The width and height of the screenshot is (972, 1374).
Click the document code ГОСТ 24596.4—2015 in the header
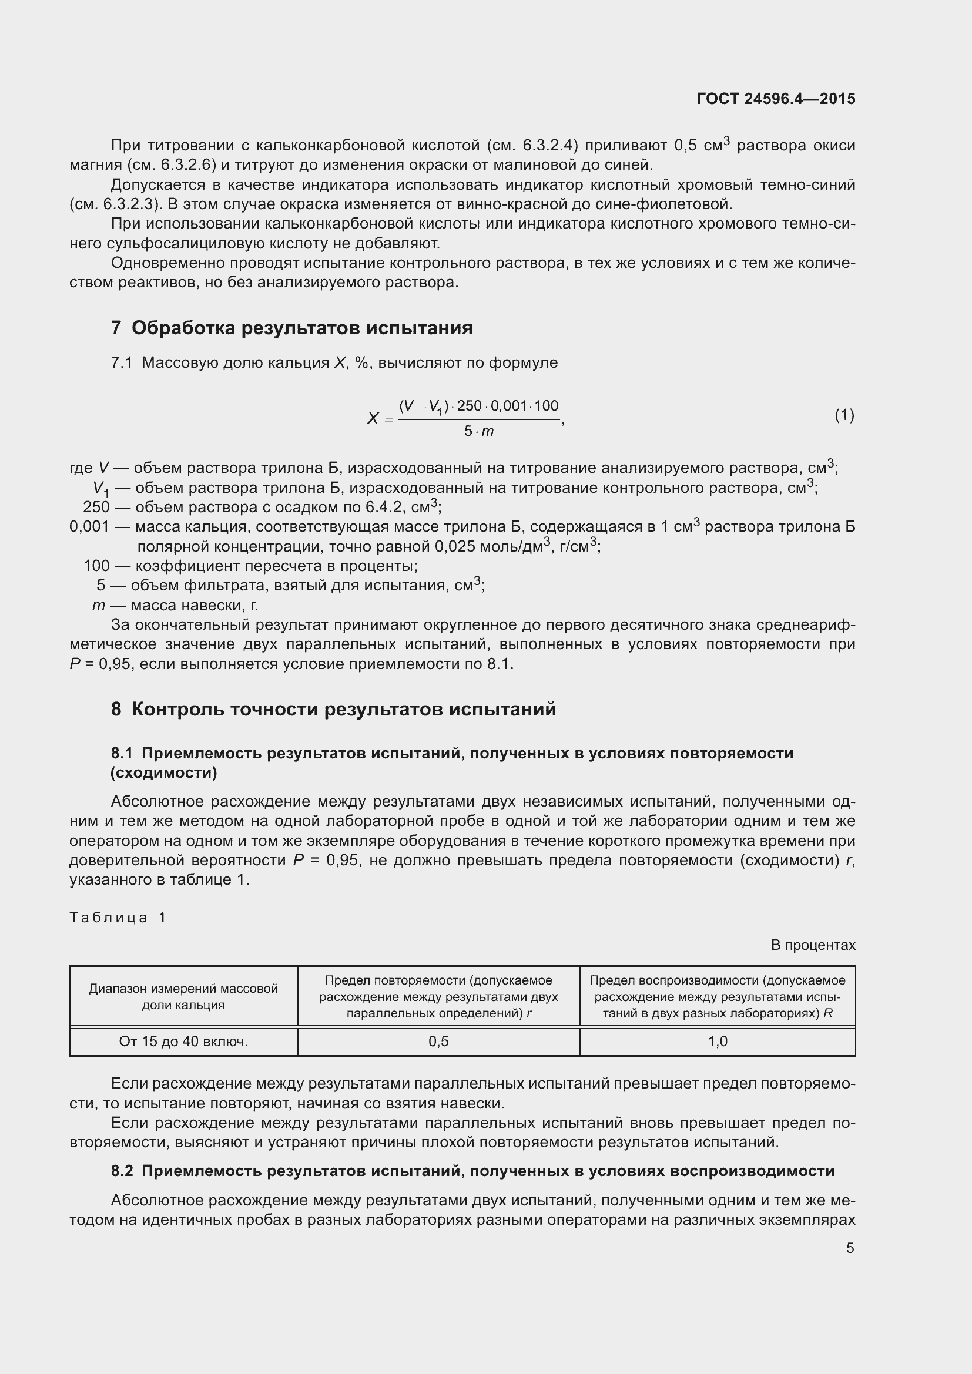pyautogui.click(x=776, y=99)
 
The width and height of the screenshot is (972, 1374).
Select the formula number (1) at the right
pyautogui.click(x=844, y=415)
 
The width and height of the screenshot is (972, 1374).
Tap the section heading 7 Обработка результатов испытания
pyautogui.click(x=291, y=328)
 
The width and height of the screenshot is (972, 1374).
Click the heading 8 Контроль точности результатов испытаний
pyautogui.click(x=333, y=709)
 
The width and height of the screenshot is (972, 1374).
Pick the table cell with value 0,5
pyautogui.click(x=438, y=1042)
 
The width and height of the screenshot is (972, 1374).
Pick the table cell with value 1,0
pyautogui.click(x=717, y=1042)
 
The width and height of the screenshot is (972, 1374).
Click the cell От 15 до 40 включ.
pyautogui.click(x=183, y=1042)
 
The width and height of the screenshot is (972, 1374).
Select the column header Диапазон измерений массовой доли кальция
pyautogui.click(x=183, y=996)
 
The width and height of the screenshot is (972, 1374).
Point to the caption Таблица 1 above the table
pyautogui.click(x=118, y=918)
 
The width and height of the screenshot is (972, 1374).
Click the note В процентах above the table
pyautogui.click(x=813, y=945)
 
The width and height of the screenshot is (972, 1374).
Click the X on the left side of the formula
pyautogui.click(x=373, y=418)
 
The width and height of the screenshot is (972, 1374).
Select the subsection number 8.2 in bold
pyautogui.click(x=122, y=1171)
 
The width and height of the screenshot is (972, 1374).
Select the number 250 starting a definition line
pyautogui.click(x=96, y=507)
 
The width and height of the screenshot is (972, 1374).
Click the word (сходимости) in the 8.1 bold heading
pyautogui.click(x=164, y=772)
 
